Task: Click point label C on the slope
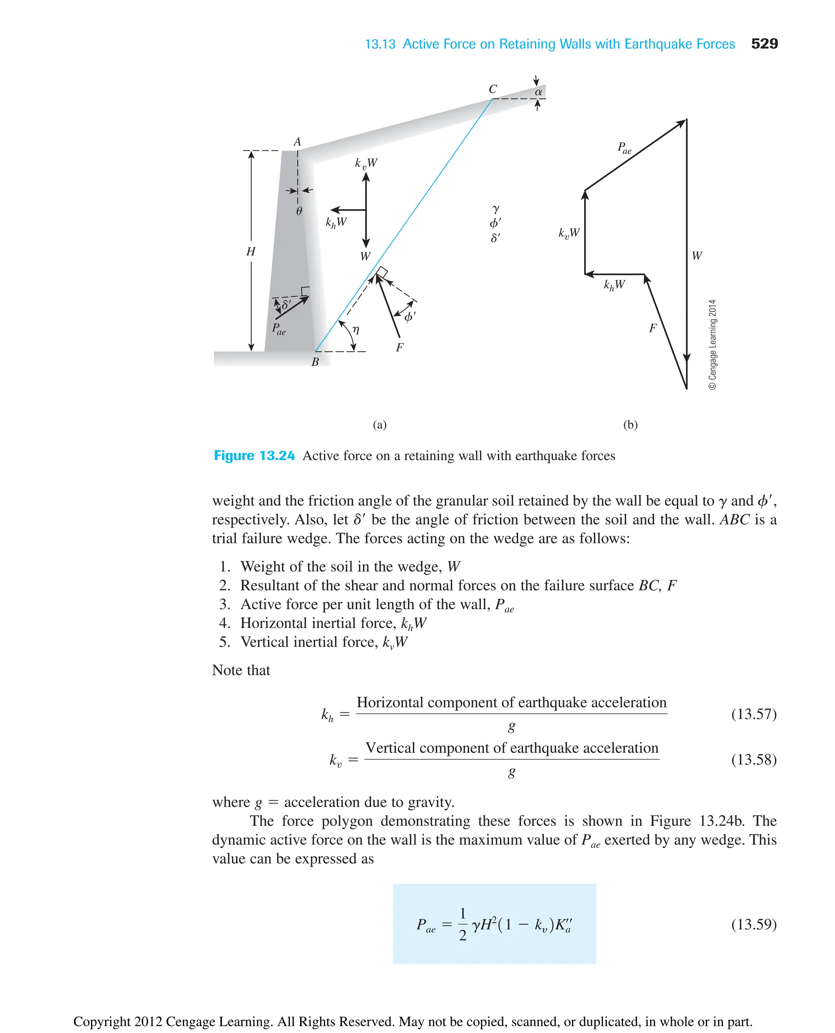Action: point(493,89)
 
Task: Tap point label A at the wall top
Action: point(297,142)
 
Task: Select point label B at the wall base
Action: point(315,362)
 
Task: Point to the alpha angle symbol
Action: point(538,91)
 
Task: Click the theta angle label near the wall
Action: point(299,211)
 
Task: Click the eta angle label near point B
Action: point(356,330)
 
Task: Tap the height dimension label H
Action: point(251,252)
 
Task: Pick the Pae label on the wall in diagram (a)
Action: point(278,329)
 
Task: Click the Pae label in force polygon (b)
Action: point(624,148)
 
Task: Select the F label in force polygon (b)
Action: point(653,328)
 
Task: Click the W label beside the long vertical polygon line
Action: point(696,256)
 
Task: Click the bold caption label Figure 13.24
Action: point(254,456)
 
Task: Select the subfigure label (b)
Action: point(630,425)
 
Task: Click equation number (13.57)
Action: point(753,714)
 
